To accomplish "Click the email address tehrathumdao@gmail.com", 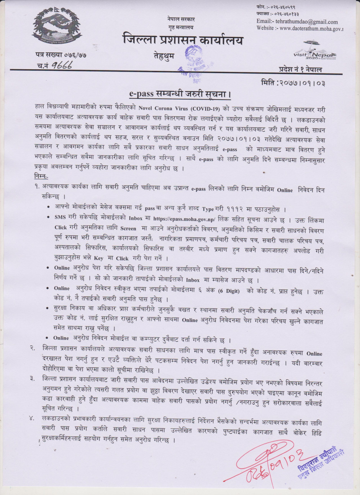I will (297, 22).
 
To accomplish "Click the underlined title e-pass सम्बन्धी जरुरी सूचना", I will (180, 94).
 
